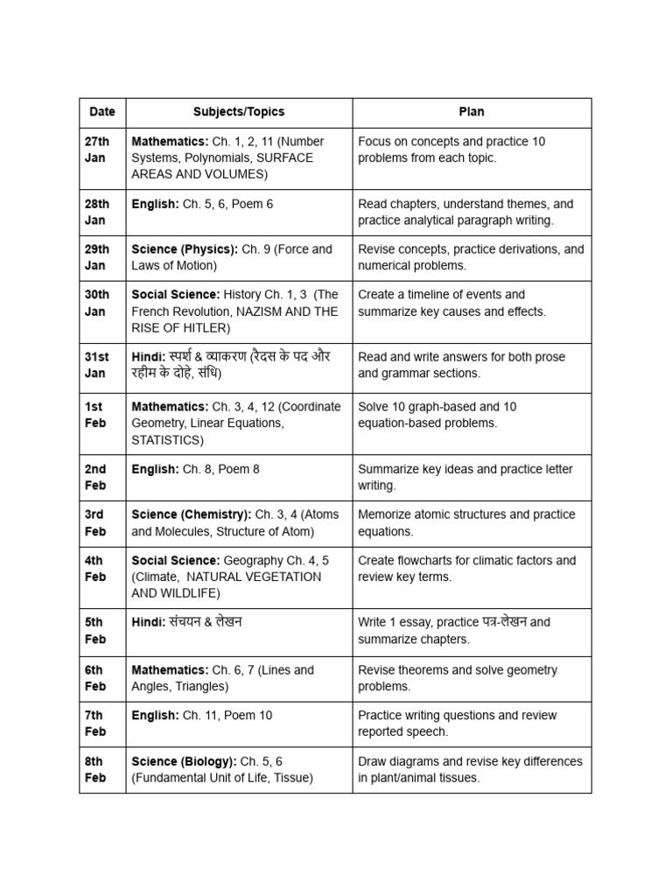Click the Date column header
(101, 112)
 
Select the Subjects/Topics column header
(239, 112)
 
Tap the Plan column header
(472, 112)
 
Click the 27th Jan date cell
(97, 150)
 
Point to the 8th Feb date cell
(95, 770)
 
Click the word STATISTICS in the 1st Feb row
(167, 440)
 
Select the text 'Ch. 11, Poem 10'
(227, 716)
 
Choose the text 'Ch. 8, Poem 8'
(221, 469)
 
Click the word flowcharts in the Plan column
(428, 560)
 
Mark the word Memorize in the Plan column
(386, 514)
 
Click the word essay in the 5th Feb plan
(416, 622)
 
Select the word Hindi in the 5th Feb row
(147, 622)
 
